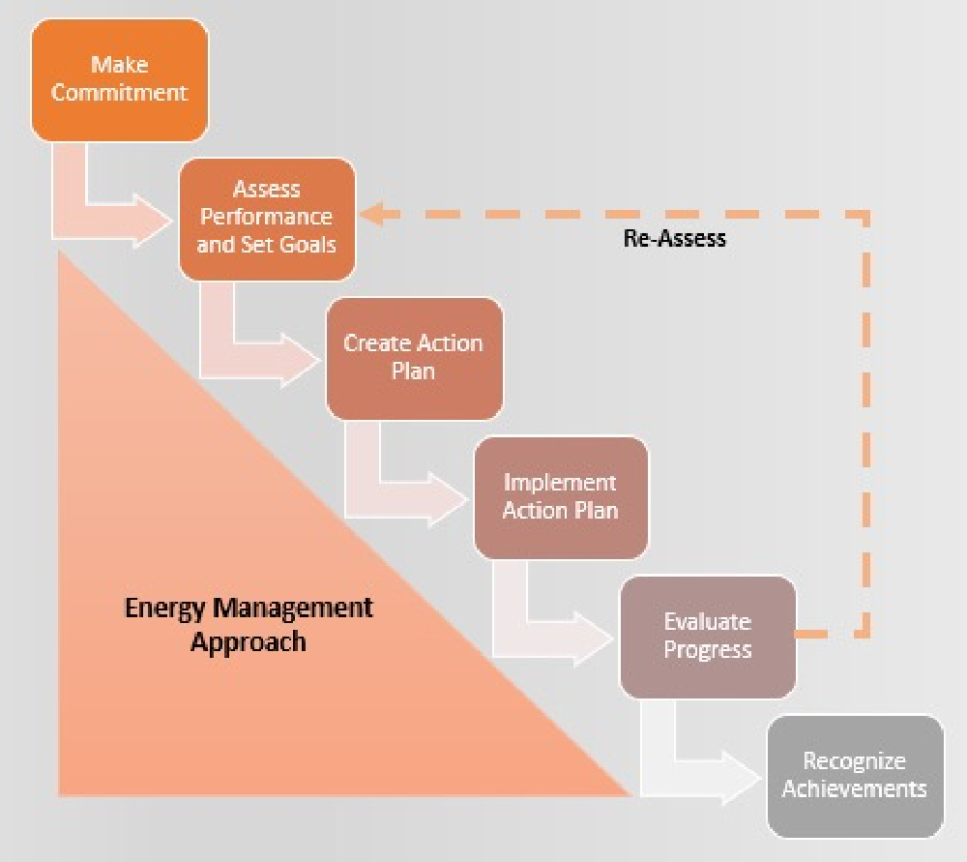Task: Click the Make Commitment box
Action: pyautogui.click(x=119, y=79)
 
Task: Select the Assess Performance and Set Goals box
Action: pyautogui.click(x=266, y=218)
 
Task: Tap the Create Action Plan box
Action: pyautogui.click(x=414, y=357)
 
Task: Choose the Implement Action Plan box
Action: pyautogui.click(x=560, y=496)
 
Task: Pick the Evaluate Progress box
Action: pyautogui.click(x=707, y=636)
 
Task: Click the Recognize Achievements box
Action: pyautogui.click(x=854, y=775)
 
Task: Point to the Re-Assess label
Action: pyautogui.click(x=675, y=238)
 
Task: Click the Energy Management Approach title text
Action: pyautogui.click(x=249, y=624)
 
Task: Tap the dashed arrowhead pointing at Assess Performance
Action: pyautogui.click(x=372, y=214)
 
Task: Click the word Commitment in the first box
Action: pyautogui.click(x=119, y=93)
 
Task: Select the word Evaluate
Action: pyautogui.click(x=707, y=621)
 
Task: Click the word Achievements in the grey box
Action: pyautogui.click(x=854, y=788)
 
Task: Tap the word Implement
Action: pyautogui.click(x=560, y=482)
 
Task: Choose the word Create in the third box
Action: pyautogui.click(x=377, y=343)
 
